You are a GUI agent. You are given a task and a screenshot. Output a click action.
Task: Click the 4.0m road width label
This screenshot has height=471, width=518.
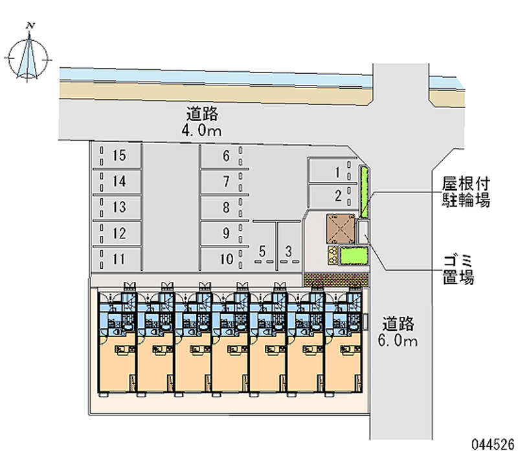point(201,131)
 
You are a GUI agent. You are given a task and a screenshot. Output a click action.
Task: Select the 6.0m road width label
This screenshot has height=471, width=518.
point(398,340)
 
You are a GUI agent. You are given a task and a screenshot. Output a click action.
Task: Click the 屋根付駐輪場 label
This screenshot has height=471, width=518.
point(466,192)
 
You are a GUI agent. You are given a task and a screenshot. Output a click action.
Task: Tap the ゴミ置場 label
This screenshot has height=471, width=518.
point(458,270)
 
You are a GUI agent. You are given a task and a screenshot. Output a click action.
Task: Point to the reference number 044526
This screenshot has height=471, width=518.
point(493,444)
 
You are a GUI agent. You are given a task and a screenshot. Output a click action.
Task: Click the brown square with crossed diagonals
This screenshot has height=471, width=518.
point(341,229)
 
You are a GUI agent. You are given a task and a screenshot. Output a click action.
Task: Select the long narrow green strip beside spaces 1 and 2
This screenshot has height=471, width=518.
point(364,192)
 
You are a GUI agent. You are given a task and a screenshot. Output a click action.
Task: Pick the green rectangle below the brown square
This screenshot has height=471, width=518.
point(354,256)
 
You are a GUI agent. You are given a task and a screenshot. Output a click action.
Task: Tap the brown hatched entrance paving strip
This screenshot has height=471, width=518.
point(336,280)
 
